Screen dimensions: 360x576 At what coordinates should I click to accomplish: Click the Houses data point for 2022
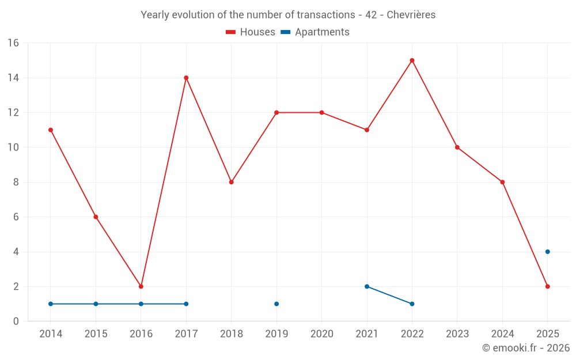pyautogui.click(x=412, y=60)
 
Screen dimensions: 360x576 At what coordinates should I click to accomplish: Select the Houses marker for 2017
pyautogui.click(x=186, y=78)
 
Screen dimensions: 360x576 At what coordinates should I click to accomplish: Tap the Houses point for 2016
pyautogui.click(x=141, y=286)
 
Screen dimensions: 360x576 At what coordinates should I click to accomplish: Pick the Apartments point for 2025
pyautogui.click(x=547, y=252)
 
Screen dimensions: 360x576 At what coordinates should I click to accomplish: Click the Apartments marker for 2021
pyautogui.click(x=367, y=286)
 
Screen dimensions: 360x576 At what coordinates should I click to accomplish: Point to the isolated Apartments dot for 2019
pyautogui.click(x=276, y=304)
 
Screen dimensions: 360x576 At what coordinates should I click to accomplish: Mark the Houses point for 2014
pyautogui.click(x=51, y=130)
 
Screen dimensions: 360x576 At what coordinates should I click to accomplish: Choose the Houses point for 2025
pyautogui.click(x=547, y=286)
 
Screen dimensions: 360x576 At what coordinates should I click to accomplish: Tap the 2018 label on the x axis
pyautogui.click(x=231, y=334)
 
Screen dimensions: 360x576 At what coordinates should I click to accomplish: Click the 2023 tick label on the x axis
pyautogui.click(x=457, y=334)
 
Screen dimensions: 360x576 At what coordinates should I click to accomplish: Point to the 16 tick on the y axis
pyautogui.click(x=13, y=43)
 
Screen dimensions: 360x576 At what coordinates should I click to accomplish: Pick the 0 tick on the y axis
pyautogui.click(x=16, y=321)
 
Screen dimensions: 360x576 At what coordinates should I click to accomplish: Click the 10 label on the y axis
pyautogui.click(x=13, y=147)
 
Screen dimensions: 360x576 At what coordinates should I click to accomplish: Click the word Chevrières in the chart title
pyautogui.click(x=411, y=15)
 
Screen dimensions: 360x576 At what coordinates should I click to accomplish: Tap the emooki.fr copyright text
pyautogui.click(x=526, y=348)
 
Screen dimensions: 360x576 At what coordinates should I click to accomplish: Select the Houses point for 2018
pyautogui.click(x=231, y=182)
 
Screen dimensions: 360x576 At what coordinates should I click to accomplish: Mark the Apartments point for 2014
pyautogui.click(x=51, y=304)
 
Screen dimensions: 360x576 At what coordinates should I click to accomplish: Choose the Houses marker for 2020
pyautogui.click(x=321, y=112)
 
